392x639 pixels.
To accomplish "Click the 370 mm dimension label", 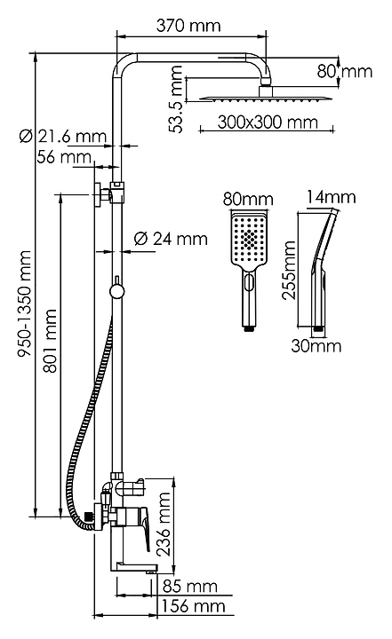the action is point(188,26).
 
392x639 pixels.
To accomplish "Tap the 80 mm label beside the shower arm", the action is point(345,71).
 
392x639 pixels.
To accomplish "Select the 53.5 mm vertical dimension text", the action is point(176,99).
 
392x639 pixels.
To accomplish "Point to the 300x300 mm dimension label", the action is point(268,122).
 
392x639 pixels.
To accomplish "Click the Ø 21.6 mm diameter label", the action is point(63,136).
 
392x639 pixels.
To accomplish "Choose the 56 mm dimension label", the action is point(64,156).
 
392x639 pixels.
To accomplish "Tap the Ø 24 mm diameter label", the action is point(171,239).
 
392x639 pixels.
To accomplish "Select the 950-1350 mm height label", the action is point(24,304).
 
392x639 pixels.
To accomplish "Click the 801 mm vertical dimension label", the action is point(51,341).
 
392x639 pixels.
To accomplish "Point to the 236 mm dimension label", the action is point(164,525).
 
